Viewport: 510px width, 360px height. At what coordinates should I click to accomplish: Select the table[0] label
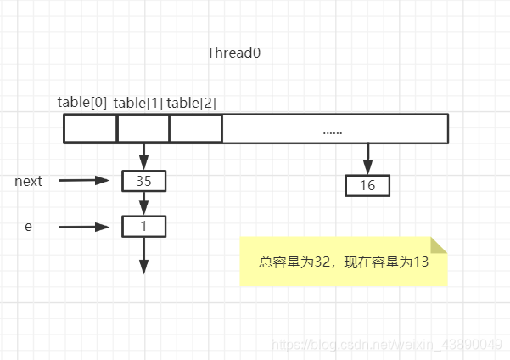click(82, 103)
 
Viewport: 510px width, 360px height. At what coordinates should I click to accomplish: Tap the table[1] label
click(137, 103)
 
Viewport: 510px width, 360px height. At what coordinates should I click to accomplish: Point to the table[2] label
click(191, 103)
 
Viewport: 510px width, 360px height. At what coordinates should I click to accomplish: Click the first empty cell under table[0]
click(91, 128)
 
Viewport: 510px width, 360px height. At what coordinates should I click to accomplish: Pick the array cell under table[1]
click(143, 128)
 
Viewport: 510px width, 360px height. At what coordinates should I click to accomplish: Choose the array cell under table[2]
click(196, 128)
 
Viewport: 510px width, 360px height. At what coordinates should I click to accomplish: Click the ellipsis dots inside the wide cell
click(333, 131)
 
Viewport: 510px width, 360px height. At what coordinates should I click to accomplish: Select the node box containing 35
click(143, 181)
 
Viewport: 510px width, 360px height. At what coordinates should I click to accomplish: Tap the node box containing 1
click(143, 227)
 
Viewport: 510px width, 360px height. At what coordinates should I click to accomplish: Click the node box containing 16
click(367, 185)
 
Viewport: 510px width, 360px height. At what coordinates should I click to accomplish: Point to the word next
click(28, 181)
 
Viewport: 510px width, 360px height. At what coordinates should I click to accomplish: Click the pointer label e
click(28, 227)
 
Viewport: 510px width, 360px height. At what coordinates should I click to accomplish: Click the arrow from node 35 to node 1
click(143, 204)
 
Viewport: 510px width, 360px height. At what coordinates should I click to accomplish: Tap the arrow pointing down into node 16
click(367, 159)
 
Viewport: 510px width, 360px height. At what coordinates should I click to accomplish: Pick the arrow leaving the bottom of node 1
click(143, 255)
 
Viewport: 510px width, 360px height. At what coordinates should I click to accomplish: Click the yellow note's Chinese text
click(343, 262)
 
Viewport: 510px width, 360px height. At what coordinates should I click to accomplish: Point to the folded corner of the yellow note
click(439, 245)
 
